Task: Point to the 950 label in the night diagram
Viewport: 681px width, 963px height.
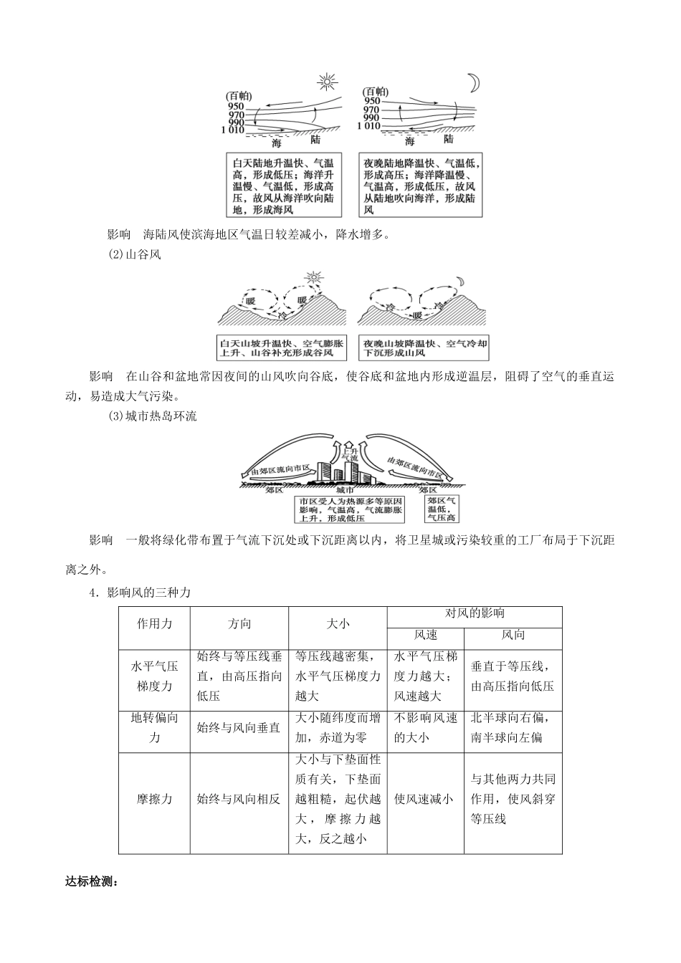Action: pyautogui.click(x=371, y=102)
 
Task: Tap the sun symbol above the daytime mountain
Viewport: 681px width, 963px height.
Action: pyautogui.click(x=312, y=277)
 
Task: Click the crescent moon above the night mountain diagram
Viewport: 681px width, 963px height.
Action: pyautogui.click(x=462, y=280)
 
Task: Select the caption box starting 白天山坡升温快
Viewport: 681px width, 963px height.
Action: pyautogui.click(x=282, y=348)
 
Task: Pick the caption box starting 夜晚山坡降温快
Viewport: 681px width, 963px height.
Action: pyautogui.click(x=426, y=348)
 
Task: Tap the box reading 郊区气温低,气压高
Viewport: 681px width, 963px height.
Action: pyautogui.click(x=442, y=508)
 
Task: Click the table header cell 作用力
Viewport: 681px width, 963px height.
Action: pyautogui.click(x=154, y=624)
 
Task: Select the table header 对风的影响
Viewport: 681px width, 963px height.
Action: pyautogui.click(x=475, y=614)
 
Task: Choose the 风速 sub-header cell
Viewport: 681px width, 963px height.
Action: pyautogui.click(x=426, y=635)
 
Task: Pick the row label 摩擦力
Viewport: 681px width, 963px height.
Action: pyautogui.click(x=154, y=799)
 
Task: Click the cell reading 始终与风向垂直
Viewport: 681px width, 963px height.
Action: pyautogui.click(x=239, y=727)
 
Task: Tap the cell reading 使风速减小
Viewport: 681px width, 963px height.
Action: pyautogui.click(x=424, y=799)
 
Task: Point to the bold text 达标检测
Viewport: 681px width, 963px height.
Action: pyautogui.click(x=90, y=882)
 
